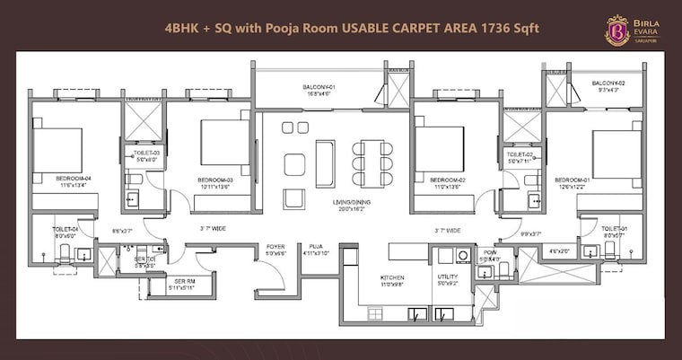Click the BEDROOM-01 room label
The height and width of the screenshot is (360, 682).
click(572, 180)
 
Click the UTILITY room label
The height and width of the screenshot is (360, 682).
click(448, 278)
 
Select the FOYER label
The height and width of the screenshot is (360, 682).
click(275, 247)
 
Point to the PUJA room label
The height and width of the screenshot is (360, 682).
click(316, 247)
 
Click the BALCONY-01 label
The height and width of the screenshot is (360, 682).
click(320, 87)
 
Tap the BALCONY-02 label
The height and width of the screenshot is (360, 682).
click(609, 83)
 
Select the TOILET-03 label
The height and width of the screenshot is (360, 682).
click(146, 154)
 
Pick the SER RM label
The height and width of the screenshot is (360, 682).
click(183, 281)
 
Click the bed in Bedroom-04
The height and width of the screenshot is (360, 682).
click(58, 150)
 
